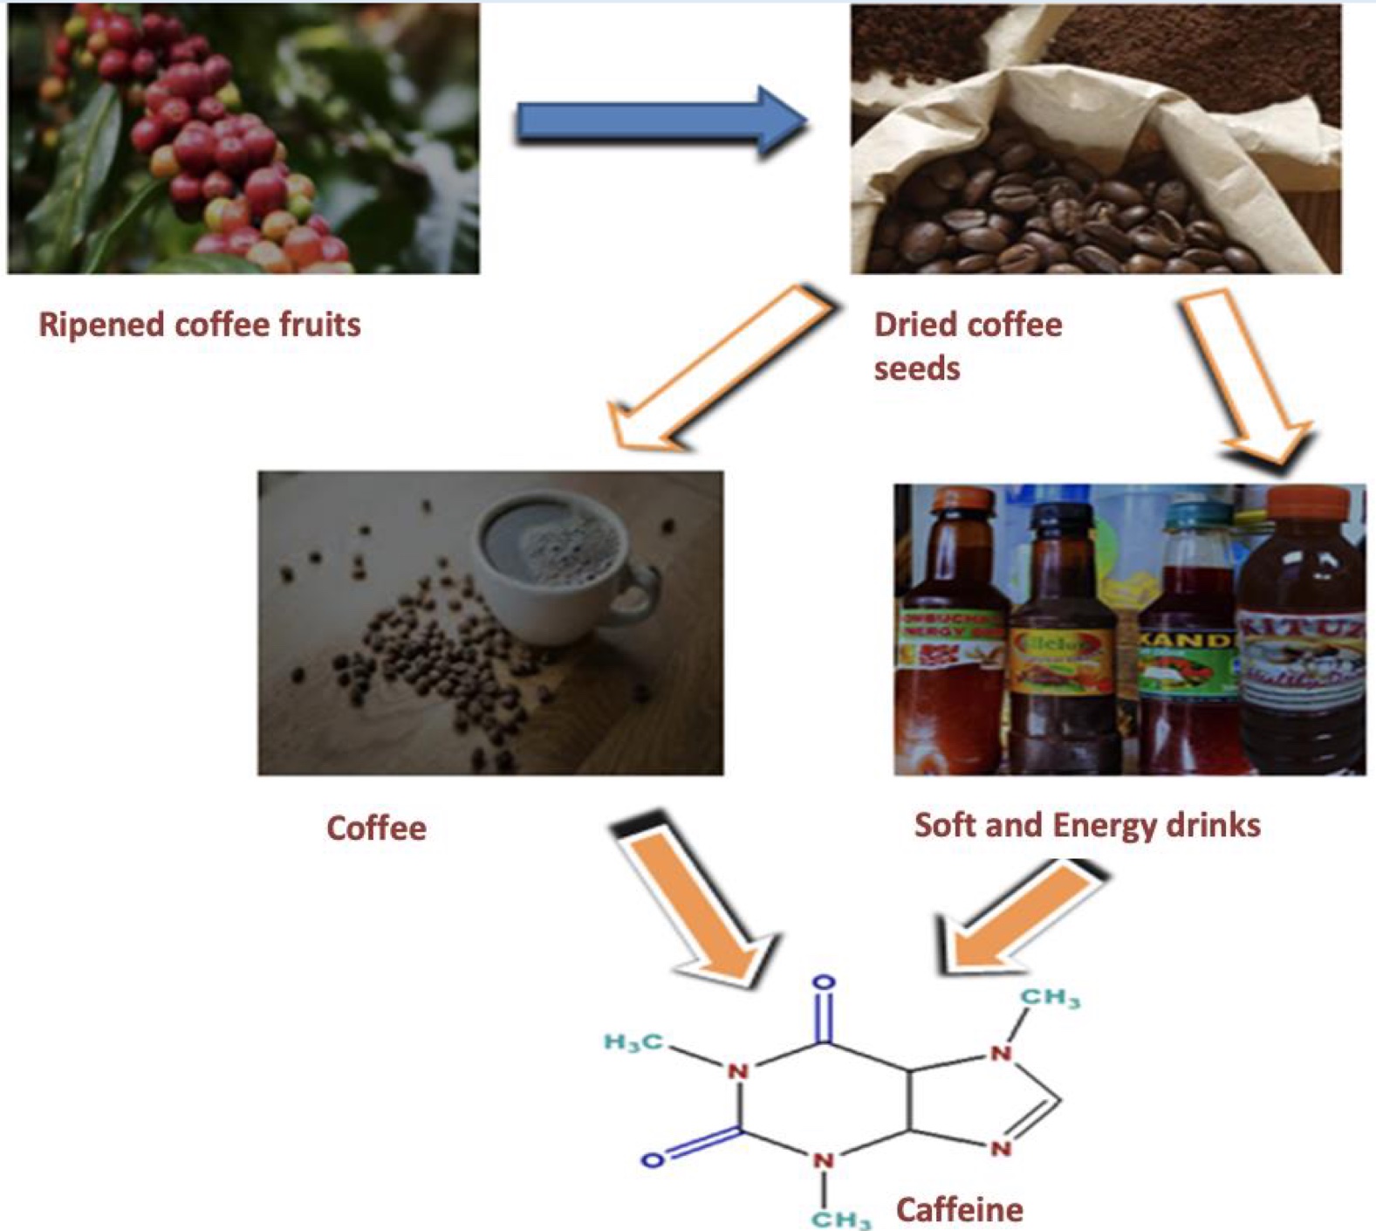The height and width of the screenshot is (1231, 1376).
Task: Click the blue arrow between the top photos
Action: click(x=659, y=122)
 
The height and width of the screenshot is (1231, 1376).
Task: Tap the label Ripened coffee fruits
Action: click(x=200, y=325)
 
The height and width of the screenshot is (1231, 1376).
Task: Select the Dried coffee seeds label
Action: click(x=967, y=345)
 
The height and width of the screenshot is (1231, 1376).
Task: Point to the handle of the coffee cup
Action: click(x=641, y=594)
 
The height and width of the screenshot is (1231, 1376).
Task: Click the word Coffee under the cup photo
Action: click(x=376, y=828)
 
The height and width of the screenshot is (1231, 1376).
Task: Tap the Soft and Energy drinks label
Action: click(x=1087, y=825)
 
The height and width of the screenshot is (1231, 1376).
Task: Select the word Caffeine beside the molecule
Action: click(x=960, y=1210)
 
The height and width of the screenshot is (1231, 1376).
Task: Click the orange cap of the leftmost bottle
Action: click(x=962, y=501)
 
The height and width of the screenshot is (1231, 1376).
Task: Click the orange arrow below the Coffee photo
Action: click(x=694, y=904)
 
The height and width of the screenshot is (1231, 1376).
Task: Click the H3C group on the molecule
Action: click(x=633, y=1042)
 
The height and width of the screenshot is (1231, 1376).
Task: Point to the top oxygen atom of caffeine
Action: click(x=824, y=983)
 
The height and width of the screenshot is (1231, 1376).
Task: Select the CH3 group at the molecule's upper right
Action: click(x=1051, y=998)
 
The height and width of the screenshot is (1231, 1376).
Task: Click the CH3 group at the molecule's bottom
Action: click(x=840, y=1218)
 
